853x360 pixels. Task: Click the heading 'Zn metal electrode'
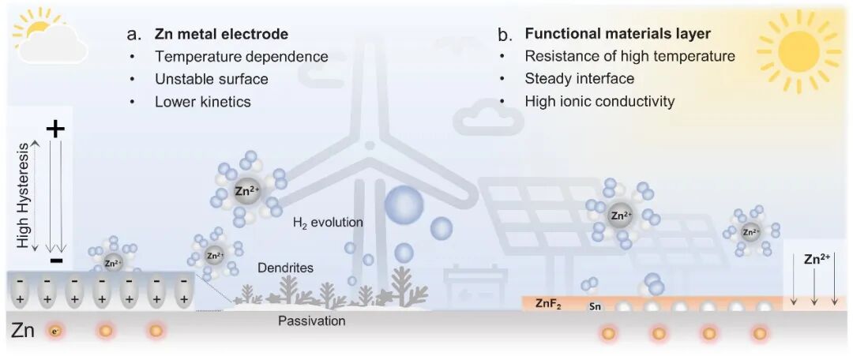[x=221, y=34]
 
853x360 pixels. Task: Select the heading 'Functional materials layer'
[x=618, y=34]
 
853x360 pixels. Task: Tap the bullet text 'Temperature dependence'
[x=231, y=57]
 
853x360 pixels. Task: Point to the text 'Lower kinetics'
[x=203, y=101]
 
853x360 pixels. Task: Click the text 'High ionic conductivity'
[x=599, y=101]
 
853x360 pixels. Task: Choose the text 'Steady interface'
[x=579, y=79]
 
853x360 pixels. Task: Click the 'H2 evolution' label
[x=328, y=223]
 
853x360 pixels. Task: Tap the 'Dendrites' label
[x=285, y=268]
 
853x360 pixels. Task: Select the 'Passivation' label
[x=311, y=321]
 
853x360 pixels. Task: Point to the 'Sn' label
[x=596, y=306]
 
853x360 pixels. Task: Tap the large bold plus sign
[x=55, y=129]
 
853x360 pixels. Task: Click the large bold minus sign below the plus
[x=55, y=260]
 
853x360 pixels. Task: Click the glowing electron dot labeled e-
[x=54, y=331]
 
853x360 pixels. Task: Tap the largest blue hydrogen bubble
[x=404, y=204]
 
